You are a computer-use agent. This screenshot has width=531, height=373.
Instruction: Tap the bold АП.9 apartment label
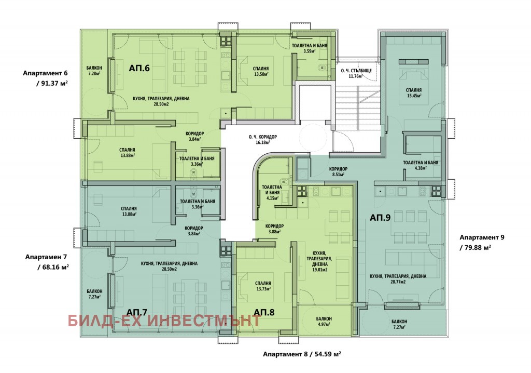click(x=380, y=218)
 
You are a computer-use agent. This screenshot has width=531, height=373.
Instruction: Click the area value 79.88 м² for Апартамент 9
click(x=474, y=247)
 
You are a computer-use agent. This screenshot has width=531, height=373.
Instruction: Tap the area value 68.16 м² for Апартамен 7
click(x=52, y=267)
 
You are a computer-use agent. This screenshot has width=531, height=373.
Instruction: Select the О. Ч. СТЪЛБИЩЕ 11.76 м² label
click(x=356, y=73)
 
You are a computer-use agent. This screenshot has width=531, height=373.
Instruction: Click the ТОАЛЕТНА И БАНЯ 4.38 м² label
click(x=421, y=165)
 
